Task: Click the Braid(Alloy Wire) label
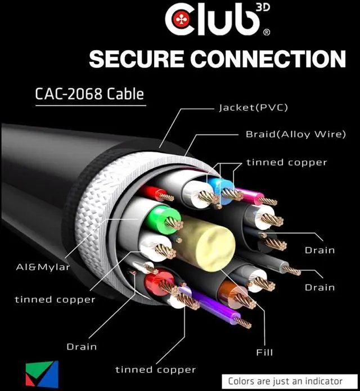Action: (295, 134)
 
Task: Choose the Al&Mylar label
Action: (43, 267)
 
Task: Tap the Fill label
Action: (264, 352)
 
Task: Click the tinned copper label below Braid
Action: (286, 163)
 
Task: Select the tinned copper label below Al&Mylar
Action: (55, 299)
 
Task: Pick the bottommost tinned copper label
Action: (155, 370)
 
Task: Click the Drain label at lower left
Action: (82, 347)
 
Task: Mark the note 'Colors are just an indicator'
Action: (285, 381)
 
